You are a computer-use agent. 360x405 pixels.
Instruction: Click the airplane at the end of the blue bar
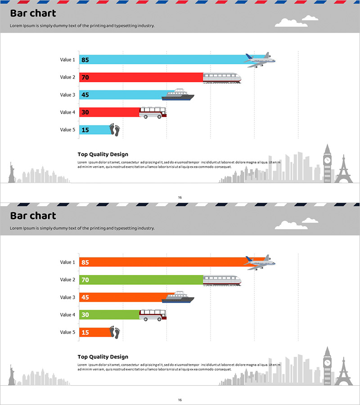(260, 59)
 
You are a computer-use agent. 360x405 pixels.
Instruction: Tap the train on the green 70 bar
(222, 280)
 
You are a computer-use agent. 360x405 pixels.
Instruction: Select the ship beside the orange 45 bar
(178, 297)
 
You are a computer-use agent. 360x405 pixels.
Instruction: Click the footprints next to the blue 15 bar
(115, 130)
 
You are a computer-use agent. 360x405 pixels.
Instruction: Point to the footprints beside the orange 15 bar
(115, 333)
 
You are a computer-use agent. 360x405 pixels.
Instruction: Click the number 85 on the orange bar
(85, 262)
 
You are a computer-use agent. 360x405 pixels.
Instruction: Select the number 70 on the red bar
(85, 77)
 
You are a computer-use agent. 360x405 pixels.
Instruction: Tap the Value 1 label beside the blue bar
(67, 60)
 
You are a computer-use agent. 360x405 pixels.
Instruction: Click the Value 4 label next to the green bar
(67, 315)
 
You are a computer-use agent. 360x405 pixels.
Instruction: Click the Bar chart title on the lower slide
(33, 216)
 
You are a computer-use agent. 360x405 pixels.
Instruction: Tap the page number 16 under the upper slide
(180, 198)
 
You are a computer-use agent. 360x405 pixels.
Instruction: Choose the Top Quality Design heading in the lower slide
(103, 357)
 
